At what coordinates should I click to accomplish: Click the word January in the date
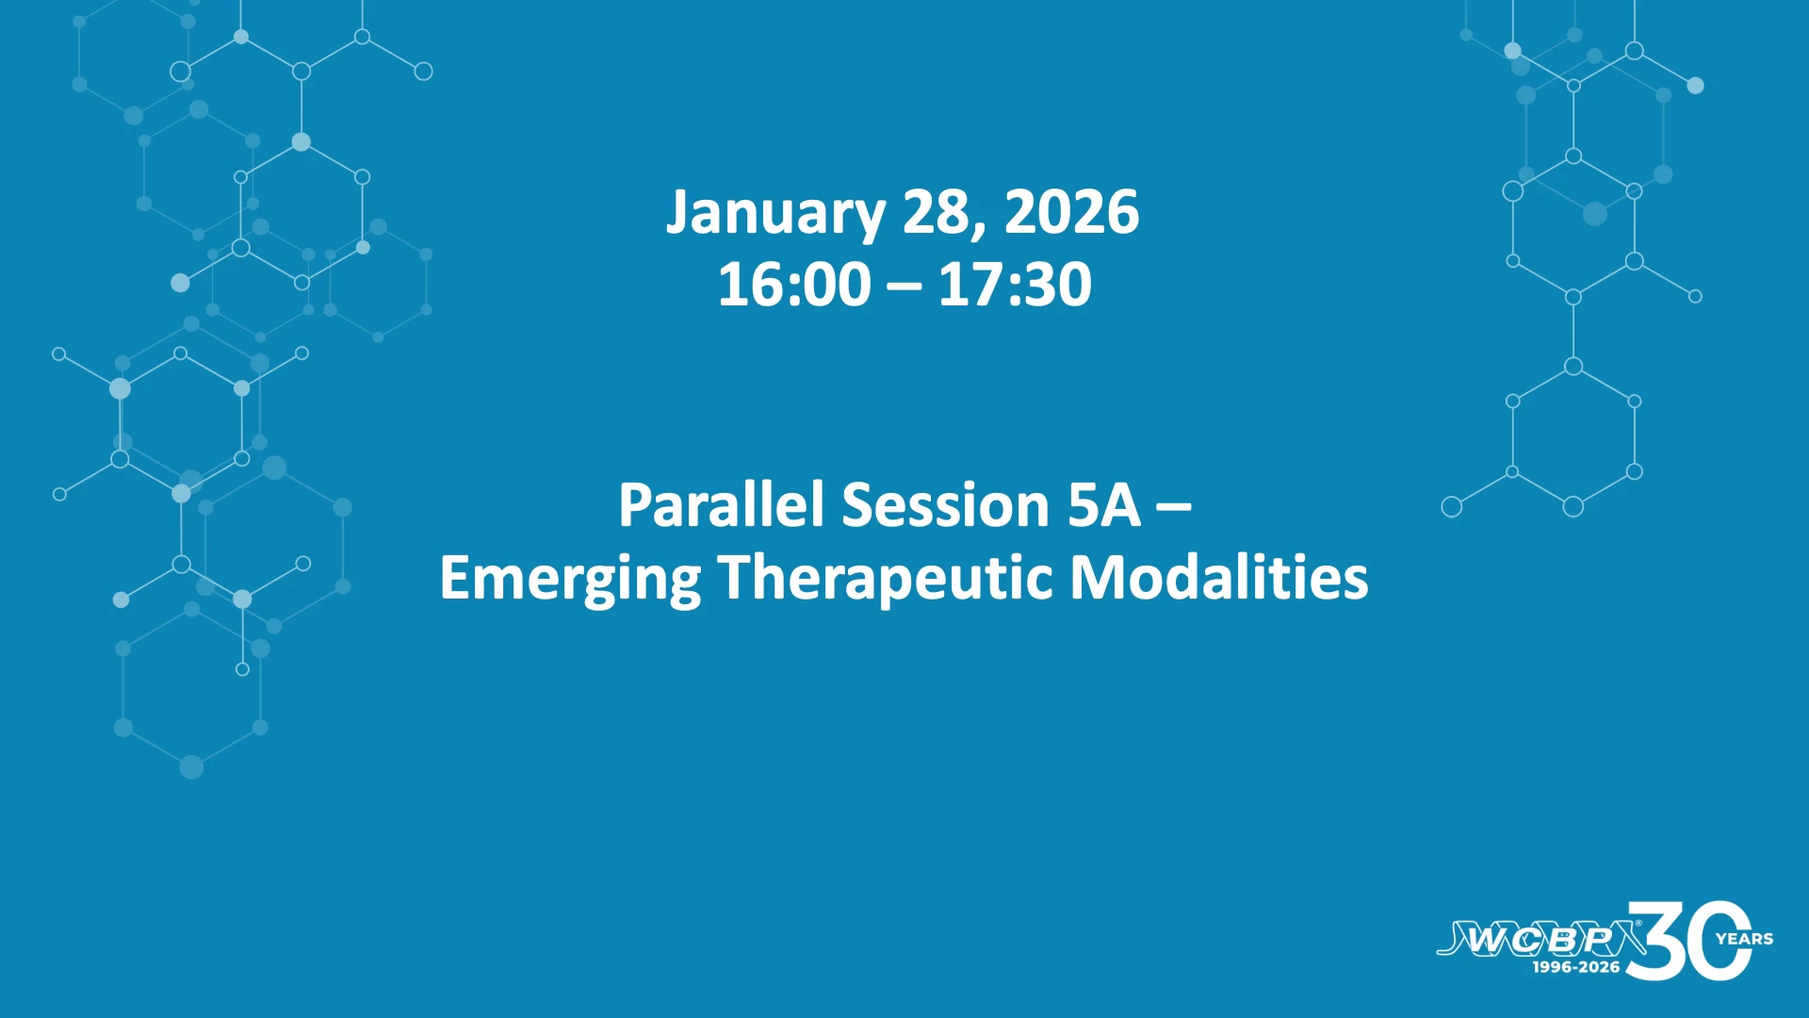[775, 214]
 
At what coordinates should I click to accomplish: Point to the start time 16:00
[794, 284]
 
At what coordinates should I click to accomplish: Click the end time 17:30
[1015, 284]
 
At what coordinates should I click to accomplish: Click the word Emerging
[570, 579]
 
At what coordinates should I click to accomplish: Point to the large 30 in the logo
[1688, 940]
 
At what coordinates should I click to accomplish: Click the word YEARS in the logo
[1745, 939]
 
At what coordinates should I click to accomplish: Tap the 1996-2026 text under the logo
[1576, 967]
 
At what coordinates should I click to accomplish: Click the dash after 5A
[1174, 508]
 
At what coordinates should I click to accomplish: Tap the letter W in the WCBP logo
[1489, 940]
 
